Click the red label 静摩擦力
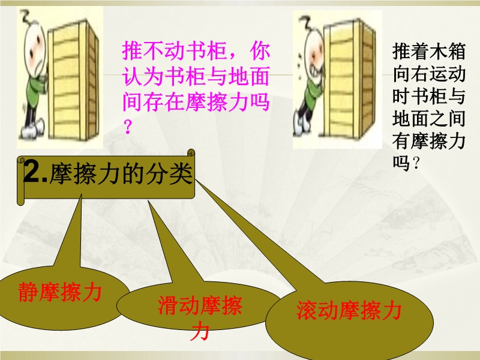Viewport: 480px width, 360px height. (60, 292)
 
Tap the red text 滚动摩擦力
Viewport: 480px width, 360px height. (349, 310)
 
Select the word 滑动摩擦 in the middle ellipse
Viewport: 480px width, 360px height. (200, 305)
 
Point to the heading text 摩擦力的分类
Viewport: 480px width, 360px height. (121, 174)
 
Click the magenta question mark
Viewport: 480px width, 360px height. (128, 127)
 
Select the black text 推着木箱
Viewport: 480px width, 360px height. (429, 51)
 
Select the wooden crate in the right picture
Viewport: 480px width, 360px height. (350, 82)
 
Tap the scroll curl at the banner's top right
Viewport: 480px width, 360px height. (191, 153)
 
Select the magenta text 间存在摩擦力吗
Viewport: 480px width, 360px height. (196, 101)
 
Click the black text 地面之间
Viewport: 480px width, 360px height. (429, 118)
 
